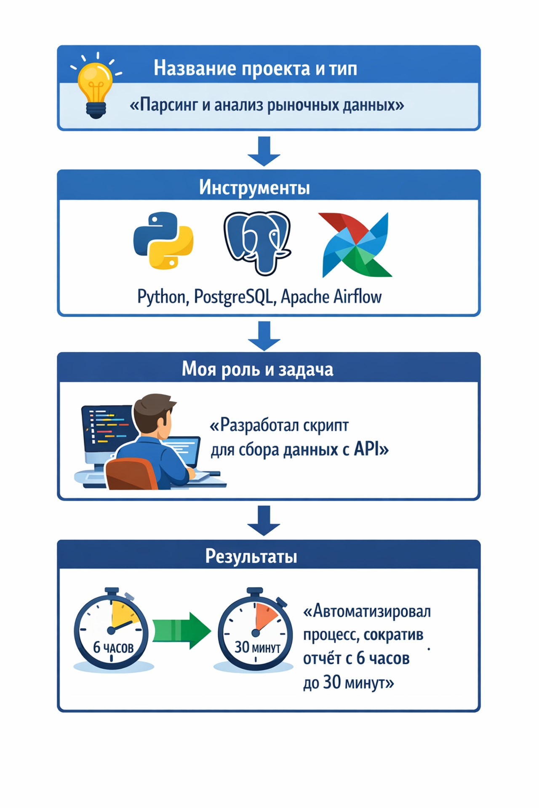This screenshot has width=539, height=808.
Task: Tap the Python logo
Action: [x=163, y=240]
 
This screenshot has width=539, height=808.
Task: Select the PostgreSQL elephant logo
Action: [x=257, y=243]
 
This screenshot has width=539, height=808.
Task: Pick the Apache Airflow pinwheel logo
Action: [x=356, y=245]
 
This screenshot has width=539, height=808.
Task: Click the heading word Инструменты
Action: [x=254, y=187]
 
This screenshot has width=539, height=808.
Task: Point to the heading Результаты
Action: [x=251, y=556]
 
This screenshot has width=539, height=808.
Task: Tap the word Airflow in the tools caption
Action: [x=358, y=297]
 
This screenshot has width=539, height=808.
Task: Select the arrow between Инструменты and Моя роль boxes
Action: [x=264, y=335]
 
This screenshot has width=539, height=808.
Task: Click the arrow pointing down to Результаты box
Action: [x=264, y=520]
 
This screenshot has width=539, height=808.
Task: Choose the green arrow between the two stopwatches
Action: [x=181, y=630]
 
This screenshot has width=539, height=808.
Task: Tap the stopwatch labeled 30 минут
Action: [x=255, y=630]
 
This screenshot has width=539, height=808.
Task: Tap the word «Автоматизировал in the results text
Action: [x=367, y=611]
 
